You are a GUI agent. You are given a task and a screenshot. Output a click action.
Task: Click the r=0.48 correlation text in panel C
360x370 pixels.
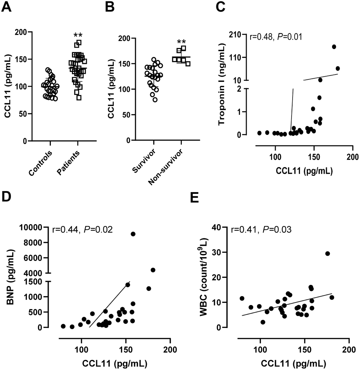point(276,36)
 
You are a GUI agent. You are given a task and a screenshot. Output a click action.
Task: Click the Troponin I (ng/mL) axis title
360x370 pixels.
point(222,84)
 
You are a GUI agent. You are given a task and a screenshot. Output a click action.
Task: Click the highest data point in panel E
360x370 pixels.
point(328,253)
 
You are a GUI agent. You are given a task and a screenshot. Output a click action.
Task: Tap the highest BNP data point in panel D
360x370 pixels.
point(133,234)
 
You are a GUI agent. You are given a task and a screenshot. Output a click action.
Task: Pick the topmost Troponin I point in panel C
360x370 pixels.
point(334,47)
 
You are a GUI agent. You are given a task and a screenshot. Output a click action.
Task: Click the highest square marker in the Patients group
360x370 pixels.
point(79,43)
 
